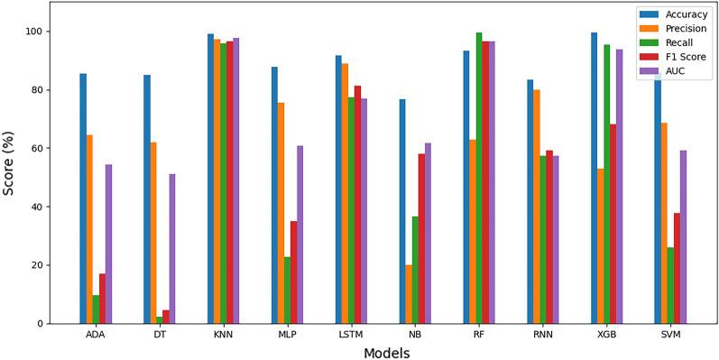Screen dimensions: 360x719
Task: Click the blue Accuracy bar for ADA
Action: [83, 198]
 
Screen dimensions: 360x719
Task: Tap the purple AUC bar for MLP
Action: [300, 235]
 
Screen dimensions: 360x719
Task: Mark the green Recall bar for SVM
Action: [670, 285]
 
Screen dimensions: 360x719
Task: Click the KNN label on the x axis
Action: [224, 335]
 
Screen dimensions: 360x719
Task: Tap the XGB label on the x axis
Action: [607, 335]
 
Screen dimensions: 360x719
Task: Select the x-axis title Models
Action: [386, 353]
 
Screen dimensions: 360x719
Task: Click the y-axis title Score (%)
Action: [10, 162]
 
